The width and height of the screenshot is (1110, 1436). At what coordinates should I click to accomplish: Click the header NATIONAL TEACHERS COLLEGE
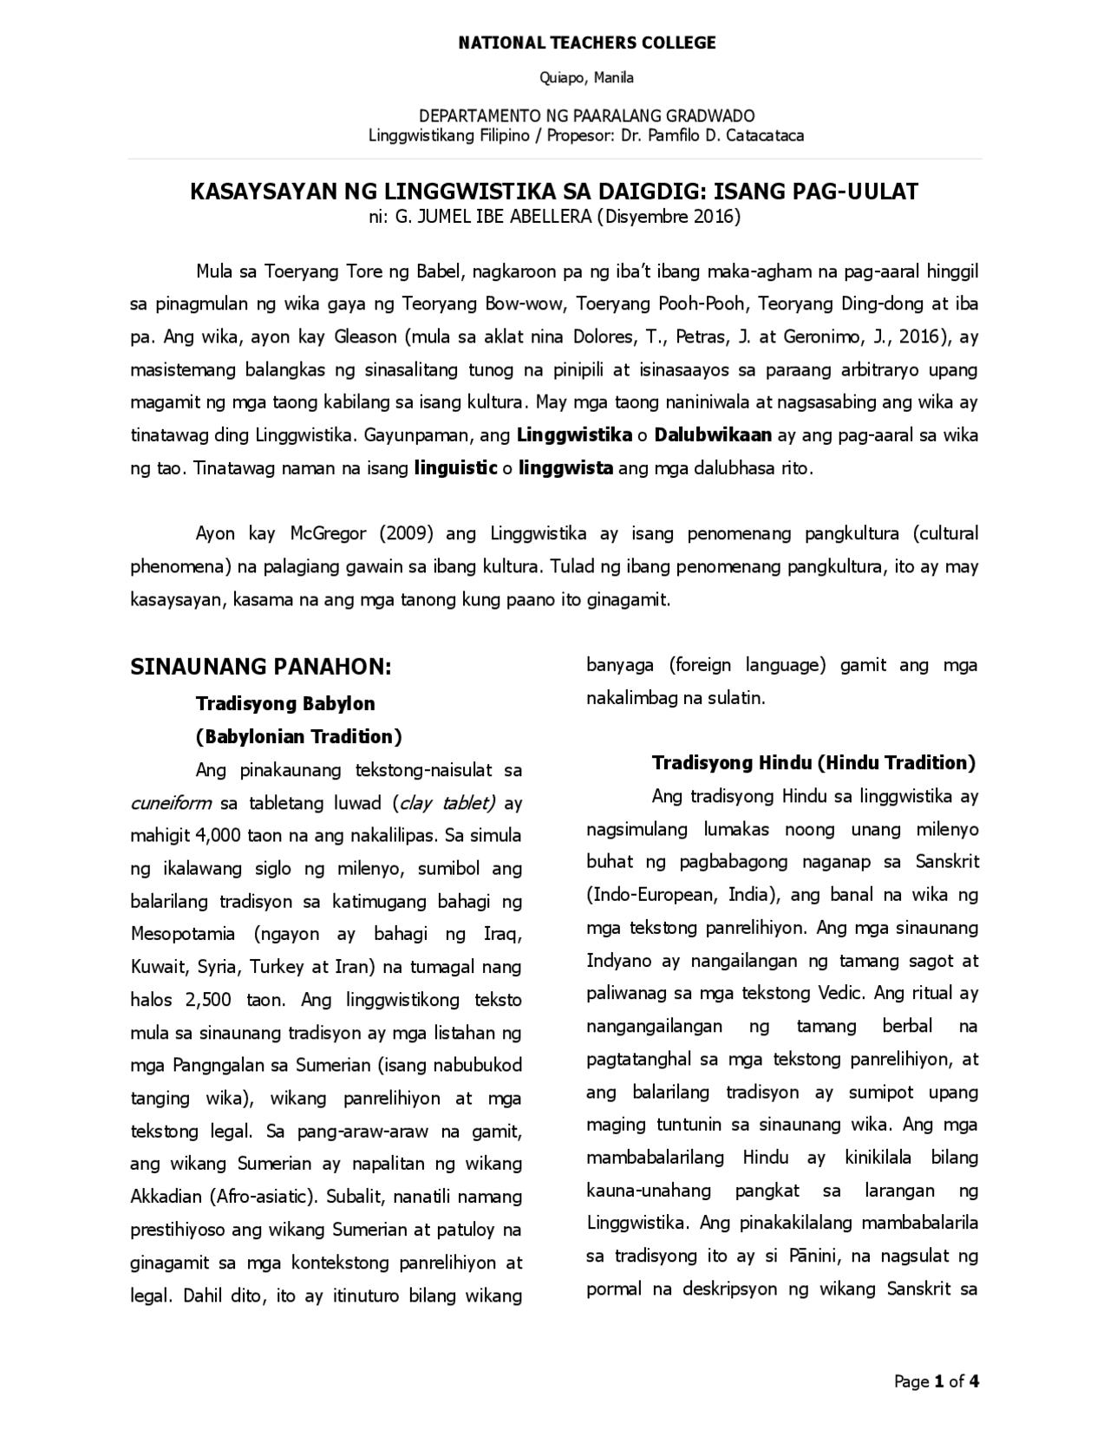tap(587, 42)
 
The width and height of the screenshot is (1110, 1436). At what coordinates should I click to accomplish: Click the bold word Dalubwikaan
tap(713, 435)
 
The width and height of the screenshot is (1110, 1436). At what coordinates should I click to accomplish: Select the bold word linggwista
tap(566, 468)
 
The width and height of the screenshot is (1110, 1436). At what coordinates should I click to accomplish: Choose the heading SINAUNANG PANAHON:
tap(261, 667)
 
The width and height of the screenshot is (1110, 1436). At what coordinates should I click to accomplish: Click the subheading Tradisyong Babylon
tap(285, 703)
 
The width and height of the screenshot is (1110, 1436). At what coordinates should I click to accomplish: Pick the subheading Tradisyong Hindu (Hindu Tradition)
tap(813, 763)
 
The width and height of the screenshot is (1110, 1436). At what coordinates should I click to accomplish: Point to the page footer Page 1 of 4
tap(937, 1381)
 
